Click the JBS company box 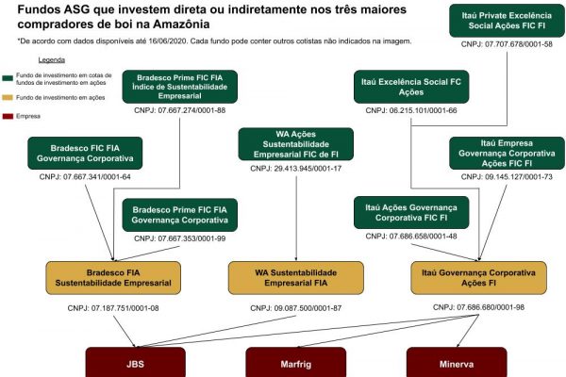[134, 363]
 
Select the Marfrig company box [296, 363]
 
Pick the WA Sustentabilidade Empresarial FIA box [296, 277]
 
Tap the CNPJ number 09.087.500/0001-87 [296, 309]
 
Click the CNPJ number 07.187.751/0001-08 [112, 309]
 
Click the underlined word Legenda [51, 59]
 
